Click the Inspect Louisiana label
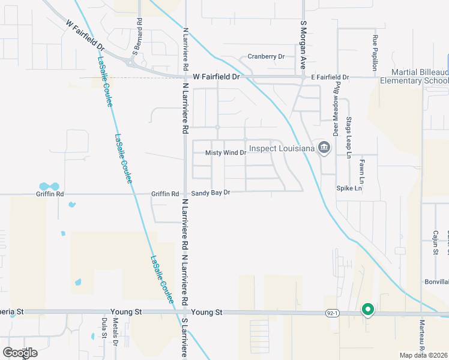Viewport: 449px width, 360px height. [282, 148]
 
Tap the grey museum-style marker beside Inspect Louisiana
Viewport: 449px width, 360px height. [324, 148]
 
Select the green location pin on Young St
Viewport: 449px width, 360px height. [367, 310]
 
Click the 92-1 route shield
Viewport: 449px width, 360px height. [333, 313]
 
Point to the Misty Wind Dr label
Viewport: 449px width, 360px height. [226, 153]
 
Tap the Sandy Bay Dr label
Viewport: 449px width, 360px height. [211, 194]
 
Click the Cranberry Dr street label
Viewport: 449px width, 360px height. [266, 57]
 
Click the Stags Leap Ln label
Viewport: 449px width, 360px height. [349, 137]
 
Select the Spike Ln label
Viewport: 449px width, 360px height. [349, 188]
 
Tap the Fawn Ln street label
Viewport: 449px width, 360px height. [362, 171]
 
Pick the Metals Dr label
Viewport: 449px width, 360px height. [115, 337]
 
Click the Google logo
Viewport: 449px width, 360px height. [20, 353]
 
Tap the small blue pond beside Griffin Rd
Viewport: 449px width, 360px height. [49, 186]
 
